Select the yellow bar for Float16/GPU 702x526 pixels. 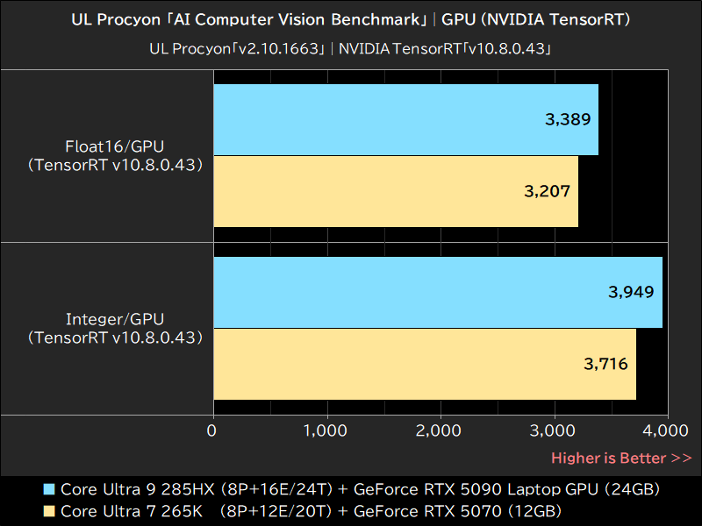click(395, 191)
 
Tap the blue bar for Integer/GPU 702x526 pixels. click(437, 293)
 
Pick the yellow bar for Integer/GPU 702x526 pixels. click(424, 364)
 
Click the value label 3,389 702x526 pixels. click(568, 120)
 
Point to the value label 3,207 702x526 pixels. click(548, 191)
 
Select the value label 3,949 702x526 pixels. click(631, 292)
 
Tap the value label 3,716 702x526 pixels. click(605, 363)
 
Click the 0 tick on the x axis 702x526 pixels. click(212, 430)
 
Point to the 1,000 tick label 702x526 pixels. click(326, 430)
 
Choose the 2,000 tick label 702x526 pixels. click(441, 430)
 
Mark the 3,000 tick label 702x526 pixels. click(555, 430)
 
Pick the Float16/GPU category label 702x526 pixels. click(115, 146)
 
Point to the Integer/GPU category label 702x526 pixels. click(115, 319)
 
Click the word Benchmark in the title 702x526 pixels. click(373, 18)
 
